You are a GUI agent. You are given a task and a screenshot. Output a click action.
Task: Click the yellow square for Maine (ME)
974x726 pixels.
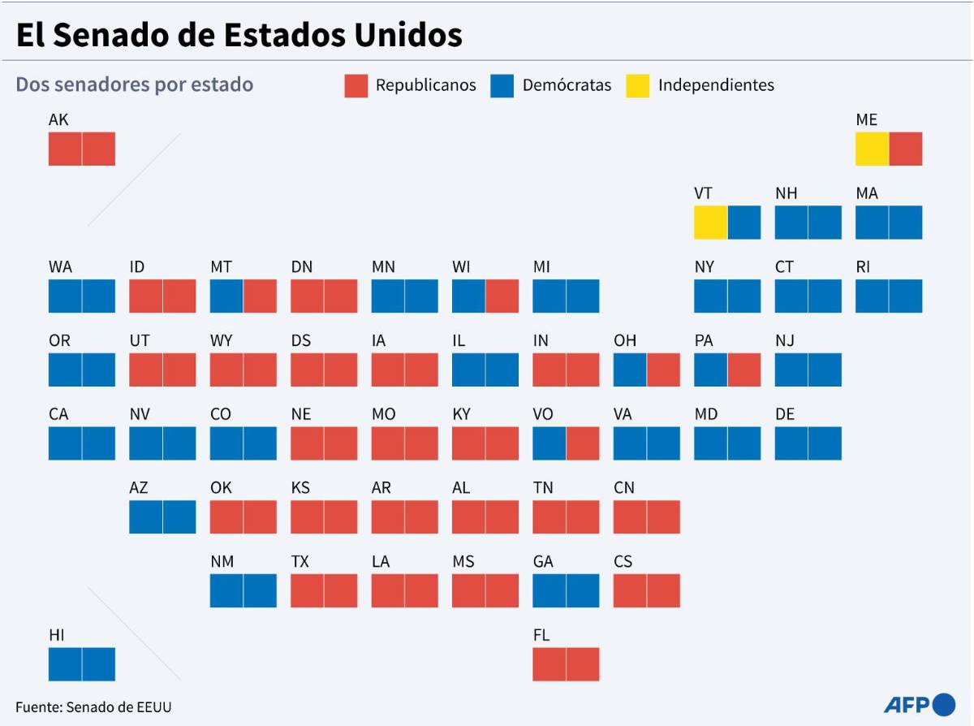872,149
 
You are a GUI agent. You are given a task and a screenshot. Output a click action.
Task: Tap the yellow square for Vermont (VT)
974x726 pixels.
710,223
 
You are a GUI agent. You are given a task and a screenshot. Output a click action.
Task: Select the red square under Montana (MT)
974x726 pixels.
261,296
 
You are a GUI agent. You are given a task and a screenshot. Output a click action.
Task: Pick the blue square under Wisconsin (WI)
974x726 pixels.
468,296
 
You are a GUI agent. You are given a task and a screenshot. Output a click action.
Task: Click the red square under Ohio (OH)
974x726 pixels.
664,369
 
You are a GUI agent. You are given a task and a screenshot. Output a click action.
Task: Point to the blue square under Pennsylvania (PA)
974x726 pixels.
710,369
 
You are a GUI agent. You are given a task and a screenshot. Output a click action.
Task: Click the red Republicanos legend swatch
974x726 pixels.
356,86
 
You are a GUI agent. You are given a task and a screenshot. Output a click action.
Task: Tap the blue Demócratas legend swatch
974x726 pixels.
502,86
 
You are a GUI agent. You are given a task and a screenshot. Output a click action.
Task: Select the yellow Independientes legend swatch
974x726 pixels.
638,86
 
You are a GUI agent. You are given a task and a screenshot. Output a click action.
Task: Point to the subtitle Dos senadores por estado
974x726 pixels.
135,84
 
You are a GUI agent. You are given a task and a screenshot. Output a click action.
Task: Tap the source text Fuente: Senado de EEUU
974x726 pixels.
93,707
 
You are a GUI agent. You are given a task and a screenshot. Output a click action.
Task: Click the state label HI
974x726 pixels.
57,635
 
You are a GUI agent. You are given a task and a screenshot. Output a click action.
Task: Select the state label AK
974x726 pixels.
58,120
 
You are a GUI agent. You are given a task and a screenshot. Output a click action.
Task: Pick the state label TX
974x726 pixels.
300,561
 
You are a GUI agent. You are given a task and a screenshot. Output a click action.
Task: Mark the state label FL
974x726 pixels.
541,635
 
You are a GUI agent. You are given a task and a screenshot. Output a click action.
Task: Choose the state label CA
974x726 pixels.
58,414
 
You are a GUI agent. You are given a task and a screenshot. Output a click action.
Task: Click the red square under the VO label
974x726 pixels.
583,443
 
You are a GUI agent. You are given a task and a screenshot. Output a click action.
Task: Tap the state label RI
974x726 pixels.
863,267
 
